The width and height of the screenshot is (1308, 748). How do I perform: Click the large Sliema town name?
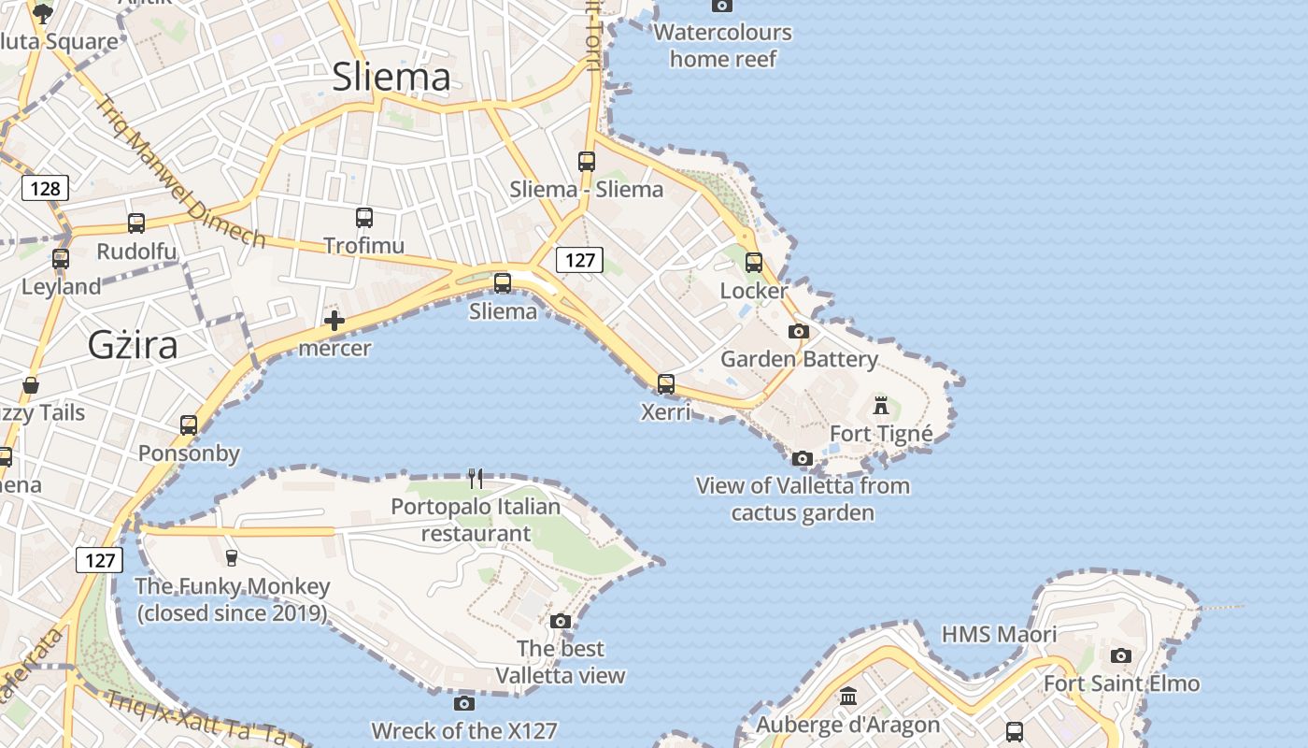point(391,77)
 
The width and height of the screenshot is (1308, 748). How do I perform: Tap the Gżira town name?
point(133,345)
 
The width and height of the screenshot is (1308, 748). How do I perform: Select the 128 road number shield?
point(45,189)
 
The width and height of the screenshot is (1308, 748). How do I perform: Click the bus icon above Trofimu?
point(364,218)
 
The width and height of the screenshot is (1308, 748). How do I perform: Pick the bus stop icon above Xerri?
point(666,383)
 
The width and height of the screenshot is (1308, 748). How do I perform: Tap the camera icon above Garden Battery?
point(799,331)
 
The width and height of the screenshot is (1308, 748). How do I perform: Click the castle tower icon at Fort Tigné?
point(880,406)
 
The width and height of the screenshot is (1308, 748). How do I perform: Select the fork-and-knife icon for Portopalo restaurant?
point(476,479)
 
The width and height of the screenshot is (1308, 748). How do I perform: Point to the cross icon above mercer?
point(334,322)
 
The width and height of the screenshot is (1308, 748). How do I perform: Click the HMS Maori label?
point(999,634)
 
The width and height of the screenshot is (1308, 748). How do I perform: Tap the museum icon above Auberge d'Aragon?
point(848,697)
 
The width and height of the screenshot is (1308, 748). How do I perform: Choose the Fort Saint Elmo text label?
point(1121,683)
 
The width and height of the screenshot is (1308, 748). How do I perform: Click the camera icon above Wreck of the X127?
point(464,703)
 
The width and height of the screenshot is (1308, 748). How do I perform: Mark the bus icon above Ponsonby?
point(189,425)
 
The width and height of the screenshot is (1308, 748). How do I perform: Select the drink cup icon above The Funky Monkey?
point(232,558)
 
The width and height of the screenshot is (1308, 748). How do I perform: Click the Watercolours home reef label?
point(722,45)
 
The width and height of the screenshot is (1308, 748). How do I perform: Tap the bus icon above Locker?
point(754,263)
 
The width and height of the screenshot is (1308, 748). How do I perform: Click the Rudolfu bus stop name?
point(136,252)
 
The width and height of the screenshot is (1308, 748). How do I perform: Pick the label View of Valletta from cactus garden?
point(803,498)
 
